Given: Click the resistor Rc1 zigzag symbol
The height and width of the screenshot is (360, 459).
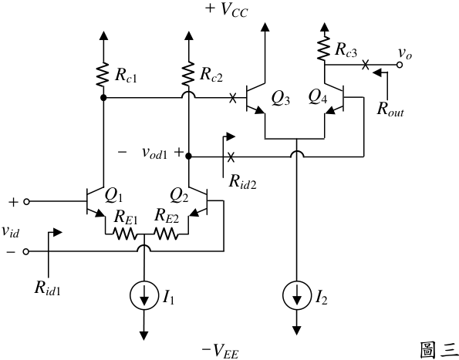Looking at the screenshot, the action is [x=103, y=74].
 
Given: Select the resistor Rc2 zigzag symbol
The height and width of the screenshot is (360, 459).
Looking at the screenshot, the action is [x=188, y=73].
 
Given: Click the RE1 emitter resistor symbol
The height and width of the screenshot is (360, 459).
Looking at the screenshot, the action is [x=124, y=234].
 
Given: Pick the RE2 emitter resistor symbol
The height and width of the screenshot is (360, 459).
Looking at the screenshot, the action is [x=165, y=234].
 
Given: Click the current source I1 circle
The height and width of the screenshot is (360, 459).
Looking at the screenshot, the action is [x=143, y=296].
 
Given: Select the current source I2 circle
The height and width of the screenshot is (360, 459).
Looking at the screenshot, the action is [x=296, y=294].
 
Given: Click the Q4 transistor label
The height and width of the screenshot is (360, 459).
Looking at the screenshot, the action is [x=318, y=97].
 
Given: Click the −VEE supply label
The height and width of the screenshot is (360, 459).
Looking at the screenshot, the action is [x=220, y=352].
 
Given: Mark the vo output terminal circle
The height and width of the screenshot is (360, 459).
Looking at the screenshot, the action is [x=400, y=65].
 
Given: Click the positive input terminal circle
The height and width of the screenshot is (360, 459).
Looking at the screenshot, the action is [x=26, y=201].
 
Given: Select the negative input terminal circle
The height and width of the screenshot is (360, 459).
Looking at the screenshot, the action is [x=26, y=251].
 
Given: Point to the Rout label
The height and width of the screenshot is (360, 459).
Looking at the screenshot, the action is [x=390, y=109].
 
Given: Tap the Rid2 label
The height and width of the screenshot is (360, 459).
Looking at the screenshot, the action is [x=243, y=182].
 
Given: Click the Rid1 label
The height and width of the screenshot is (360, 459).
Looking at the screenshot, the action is [x=47, y=288].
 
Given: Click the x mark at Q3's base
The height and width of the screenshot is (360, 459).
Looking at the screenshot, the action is [x=233, y=98].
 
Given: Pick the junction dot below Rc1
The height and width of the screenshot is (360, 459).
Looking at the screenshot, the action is [x=103, y=98].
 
